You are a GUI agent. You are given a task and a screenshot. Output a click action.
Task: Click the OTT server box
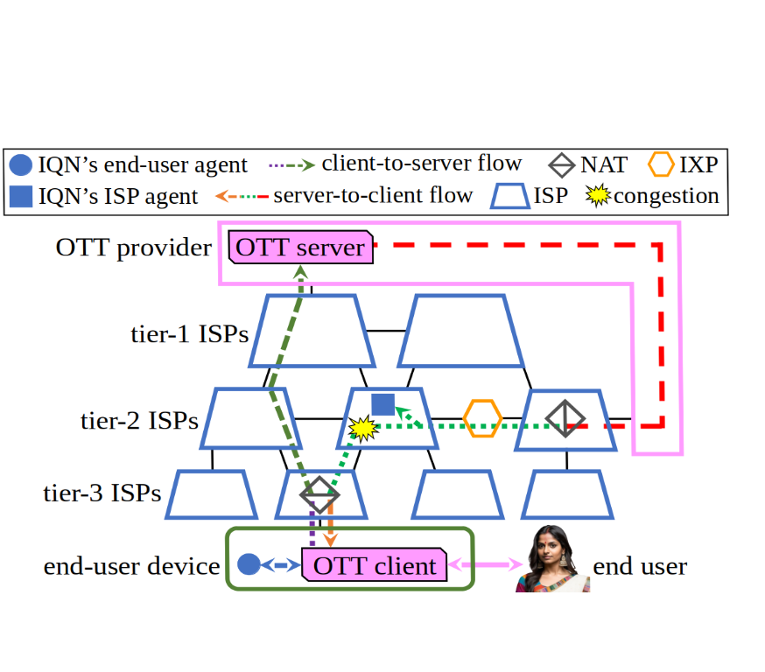pos(299,248)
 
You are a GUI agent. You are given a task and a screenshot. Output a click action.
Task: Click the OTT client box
pos(374,565)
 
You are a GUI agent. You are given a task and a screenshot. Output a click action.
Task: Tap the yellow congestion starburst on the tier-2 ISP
pos(362,428)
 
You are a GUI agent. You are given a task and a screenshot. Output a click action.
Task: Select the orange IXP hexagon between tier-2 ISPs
pos(482,418)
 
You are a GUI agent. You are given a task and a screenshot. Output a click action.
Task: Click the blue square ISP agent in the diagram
pos(382,403)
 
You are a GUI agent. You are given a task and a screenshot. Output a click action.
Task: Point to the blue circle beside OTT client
pos(249,565)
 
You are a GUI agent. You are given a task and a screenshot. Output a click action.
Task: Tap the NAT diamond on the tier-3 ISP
pos(319,495)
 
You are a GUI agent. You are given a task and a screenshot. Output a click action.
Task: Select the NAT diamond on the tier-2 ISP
pos(565,418)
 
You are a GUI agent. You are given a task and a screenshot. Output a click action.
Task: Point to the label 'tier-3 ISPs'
pos(102,493)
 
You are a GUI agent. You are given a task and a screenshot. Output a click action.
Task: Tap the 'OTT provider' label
pos(133,248)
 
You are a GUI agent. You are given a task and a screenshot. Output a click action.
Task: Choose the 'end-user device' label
pos(131,566)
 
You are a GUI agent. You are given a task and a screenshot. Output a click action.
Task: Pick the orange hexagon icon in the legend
pos(661,164)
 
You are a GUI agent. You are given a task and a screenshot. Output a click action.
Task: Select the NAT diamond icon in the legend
pos(563,164)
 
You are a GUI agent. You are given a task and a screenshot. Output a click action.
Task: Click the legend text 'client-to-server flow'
pos(421,163)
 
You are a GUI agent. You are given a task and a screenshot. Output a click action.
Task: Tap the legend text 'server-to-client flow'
pos(373,195)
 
